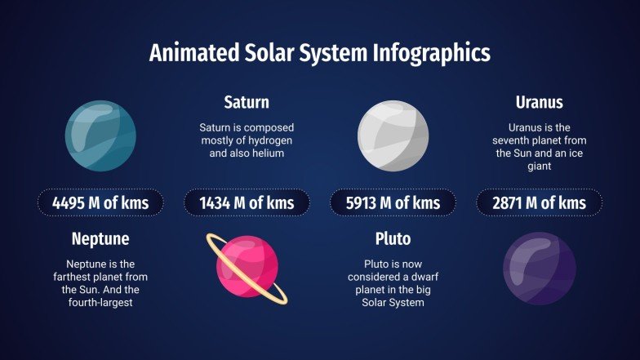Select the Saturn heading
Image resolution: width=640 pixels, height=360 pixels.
pyautogui.click(x=247, y=103)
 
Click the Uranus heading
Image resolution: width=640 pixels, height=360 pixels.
pyautogui.click(x=539, y=103)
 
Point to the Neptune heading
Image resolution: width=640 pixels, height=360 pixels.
pyautogui.click(x=100, y=240)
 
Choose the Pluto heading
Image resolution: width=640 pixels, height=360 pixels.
pyautogui.click(x=393, y=240)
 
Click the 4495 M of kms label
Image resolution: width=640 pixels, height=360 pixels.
pyautogui.click(x=100, y=202)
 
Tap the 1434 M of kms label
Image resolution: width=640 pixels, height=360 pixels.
pyautogui.click(x=247, y=202)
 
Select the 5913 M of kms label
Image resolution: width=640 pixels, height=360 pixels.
pyautogui.click(x=393, y=202)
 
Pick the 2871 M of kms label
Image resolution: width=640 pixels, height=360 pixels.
pyautogui.click(x=539, y=202)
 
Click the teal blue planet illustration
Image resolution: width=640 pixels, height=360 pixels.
pyautogui.click(x=100, y=135)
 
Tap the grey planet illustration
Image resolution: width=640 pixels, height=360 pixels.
pyautogui.click(x=393, y=135)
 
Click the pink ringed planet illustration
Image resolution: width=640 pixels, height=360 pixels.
pyautogui.click(x=247, y=268)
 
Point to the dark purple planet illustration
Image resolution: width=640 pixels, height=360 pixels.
pyautogui.click(x=539, y=268)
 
